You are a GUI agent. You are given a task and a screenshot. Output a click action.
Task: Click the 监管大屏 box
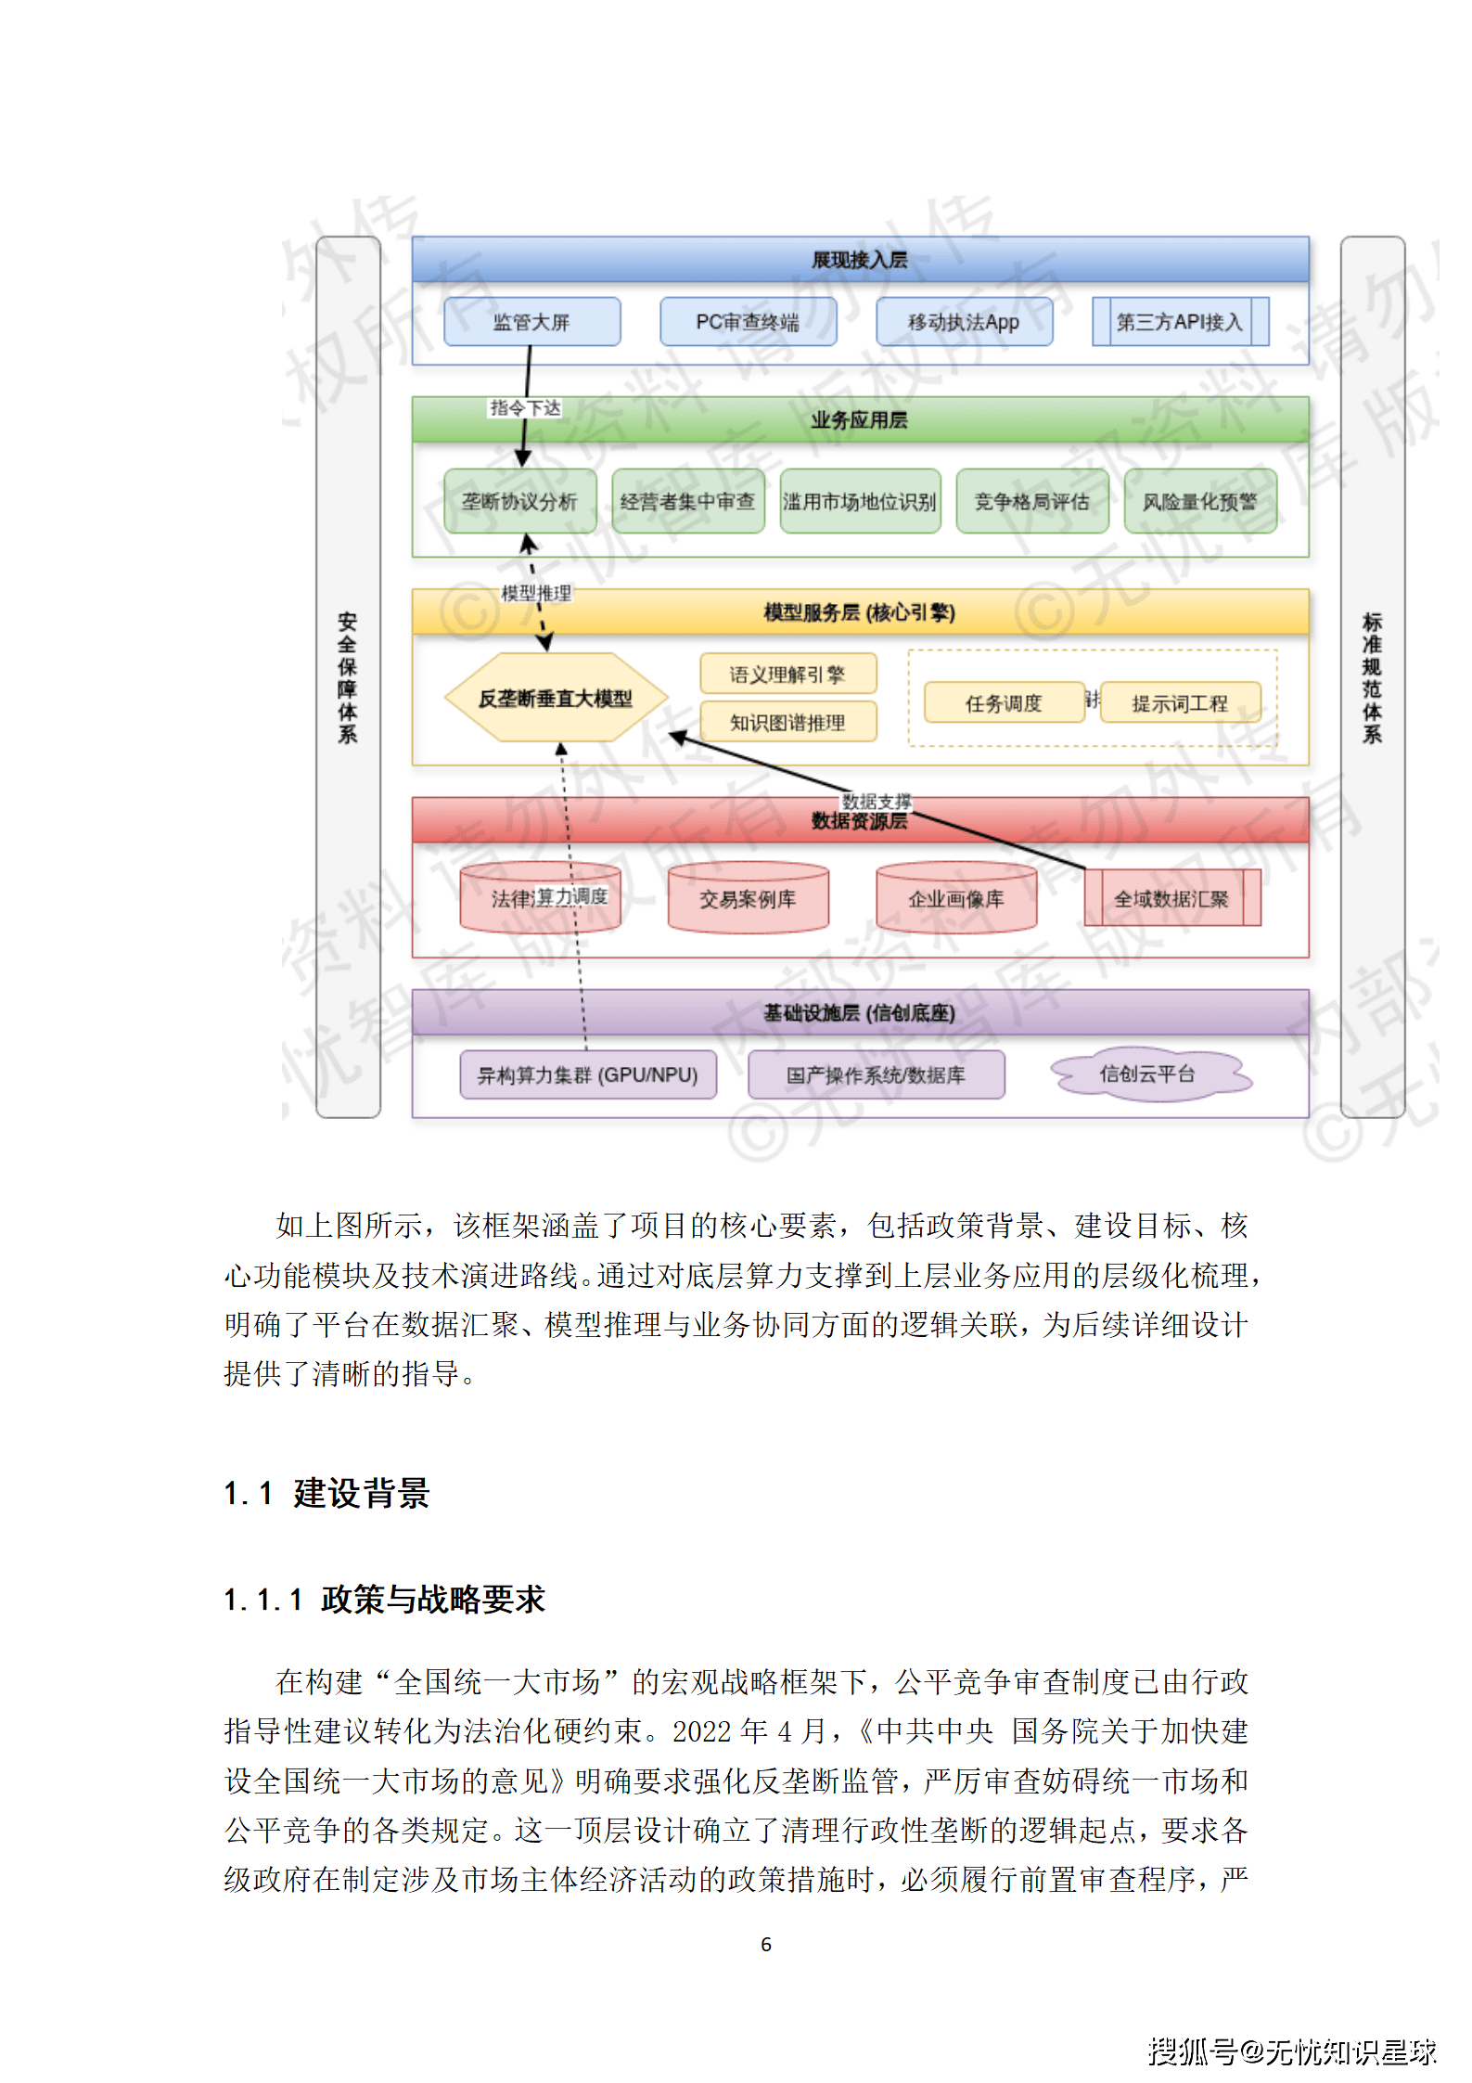(531, 322)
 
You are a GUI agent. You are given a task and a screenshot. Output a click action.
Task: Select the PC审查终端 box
(748, 322)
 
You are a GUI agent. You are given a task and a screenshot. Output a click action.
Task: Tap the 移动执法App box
(964, 322)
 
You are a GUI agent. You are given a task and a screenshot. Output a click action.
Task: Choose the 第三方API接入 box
(1180, 322)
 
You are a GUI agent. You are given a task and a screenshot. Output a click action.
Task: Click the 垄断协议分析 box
(519, 502)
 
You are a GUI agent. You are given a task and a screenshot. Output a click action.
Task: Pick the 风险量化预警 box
(1200, 502)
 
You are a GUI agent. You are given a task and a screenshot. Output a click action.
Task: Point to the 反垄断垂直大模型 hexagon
(556, 699)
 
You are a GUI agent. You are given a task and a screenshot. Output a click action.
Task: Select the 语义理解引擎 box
(787, 675)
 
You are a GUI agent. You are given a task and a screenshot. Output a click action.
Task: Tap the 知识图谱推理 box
(787, 723)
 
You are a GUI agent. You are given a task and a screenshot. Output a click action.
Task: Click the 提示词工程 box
(1180, 703)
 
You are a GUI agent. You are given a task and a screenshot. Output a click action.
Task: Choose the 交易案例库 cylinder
(748, 898)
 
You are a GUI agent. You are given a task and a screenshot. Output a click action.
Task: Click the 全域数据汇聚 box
(1171, 898)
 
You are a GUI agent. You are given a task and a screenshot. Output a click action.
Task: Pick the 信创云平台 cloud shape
(1148, 1074)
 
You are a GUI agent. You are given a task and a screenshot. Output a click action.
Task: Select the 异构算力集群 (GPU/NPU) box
(587, 1074)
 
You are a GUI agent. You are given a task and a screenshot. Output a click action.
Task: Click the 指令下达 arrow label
(525, 408)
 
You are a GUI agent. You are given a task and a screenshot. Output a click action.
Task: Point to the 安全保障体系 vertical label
(348, 677)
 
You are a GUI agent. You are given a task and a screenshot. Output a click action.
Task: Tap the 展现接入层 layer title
(860, 260)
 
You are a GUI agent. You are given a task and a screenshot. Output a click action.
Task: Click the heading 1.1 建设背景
(327, 1494)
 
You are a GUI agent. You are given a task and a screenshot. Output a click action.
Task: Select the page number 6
(766, 1944)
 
